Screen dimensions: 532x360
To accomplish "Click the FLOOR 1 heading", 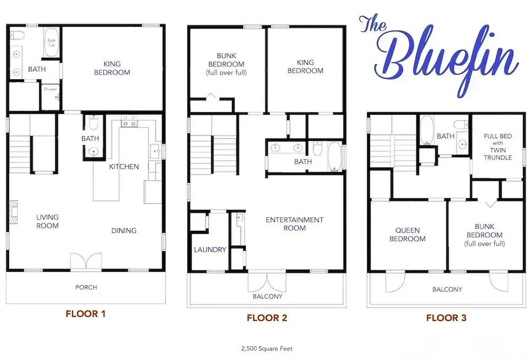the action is [86, 314].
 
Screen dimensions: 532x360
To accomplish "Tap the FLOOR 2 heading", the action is [267, 317].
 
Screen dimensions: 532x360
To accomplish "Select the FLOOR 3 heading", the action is [446, 317].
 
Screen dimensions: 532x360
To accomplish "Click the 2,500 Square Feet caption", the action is [267, 348].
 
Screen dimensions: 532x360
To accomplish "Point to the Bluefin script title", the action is [439, 56].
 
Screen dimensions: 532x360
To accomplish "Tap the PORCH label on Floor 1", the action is [86, 287].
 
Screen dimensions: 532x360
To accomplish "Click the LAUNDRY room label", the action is [210, 249].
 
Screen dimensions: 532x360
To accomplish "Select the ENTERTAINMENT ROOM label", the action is [295, 224].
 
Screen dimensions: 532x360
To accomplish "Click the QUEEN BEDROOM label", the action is [407, 234].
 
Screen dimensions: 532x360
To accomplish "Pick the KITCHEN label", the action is [124, 166].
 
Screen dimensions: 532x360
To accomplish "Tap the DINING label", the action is [124, 230].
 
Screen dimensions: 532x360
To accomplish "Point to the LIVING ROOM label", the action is [47, 221].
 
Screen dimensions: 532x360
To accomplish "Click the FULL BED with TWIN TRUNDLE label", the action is [498, 146].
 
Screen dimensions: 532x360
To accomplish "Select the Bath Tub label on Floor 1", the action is [51, 43].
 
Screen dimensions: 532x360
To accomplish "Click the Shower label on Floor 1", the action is [50, 89].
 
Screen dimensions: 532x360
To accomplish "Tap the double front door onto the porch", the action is [86, 262].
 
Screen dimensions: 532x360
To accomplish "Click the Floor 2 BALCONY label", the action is [268, 296].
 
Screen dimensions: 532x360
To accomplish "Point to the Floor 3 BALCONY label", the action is [447, 289].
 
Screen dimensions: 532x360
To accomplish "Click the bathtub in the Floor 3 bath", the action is [427, 130].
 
